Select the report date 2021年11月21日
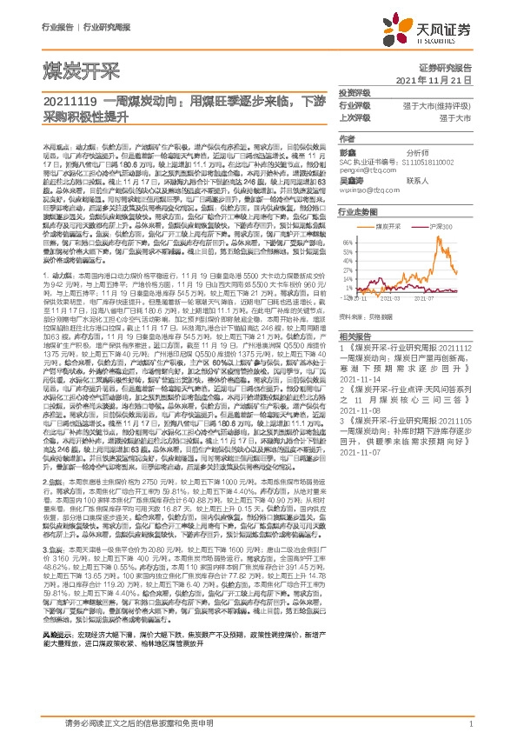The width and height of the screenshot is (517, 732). pyautogui.click(x=445, y=80)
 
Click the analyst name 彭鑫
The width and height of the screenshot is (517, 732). pyautogui.click(x=348, y=151)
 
